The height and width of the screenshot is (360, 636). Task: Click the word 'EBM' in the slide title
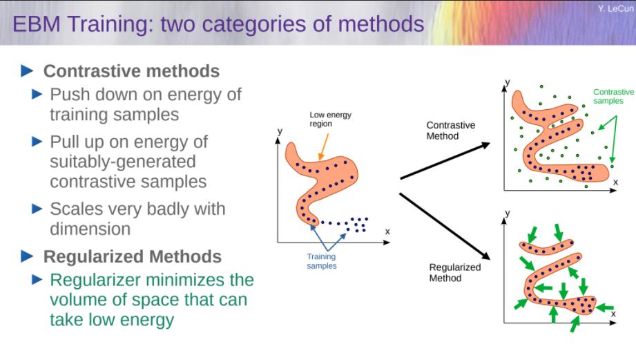(37, 24)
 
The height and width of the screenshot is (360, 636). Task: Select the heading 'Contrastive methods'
(131, 71)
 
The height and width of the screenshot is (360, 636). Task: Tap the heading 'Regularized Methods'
(132, 256)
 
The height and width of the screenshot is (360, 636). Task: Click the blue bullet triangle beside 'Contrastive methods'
(27, 70)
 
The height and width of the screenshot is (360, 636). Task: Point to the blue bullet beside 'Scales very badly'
(37, 209)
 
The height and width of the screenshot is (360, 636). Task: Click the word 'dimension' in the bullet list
(90, 229)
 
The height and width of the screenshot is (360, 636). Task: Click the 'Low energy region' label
(330, 120)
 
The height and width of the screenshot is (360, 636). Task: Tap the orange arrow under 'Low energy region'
(323, 147)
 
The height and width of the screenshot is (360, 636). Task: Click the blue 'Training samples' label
(321, 261)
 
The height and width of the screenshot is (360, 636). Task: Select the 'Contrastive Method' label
(450, 131)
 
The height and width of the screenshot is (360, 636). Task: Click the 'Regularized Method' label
(454, 272)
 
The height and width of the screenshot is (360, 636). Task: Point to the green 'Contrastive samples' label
(613, 96)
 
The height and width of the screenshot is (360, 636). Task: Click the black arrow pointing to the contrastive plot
(445, 161)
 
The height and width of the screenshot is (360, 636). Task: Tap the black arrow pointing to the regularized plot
(445, 226)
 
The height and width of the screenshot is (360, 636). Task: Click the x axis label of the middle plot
(387, 231)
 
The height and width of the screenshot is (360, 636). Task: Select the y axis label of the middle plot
(280, 131)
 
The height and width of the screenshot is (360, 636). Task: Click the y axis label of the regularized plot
(507, 213)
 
